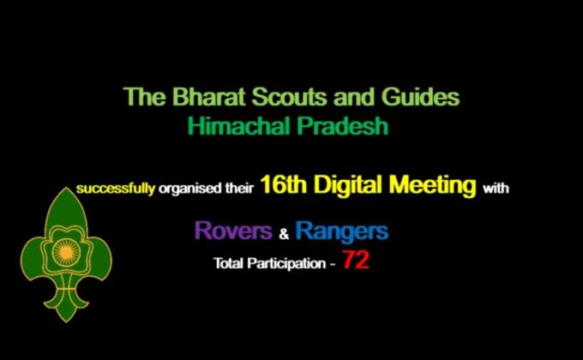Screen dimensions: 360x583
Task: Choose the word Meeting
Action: (433, 185)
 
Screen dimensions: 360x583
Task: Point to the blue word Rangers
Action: (341, 231)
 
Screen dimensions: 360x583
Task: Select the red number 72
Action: (356, 261)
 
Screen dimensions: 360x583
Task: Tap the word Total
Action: (229, 263)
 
